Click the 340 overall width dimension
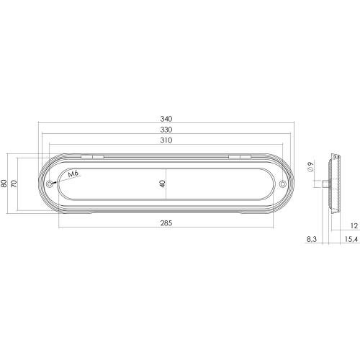pos(166,119)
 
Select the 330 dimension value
pos(166,130)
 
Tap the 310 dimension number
pos(166,140)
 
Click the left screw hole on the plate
pos(50,184)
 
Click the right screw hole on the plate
pos(282,184)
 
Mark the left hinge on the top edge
pos(91,156)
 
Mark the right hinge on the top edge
pos(240,156)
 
